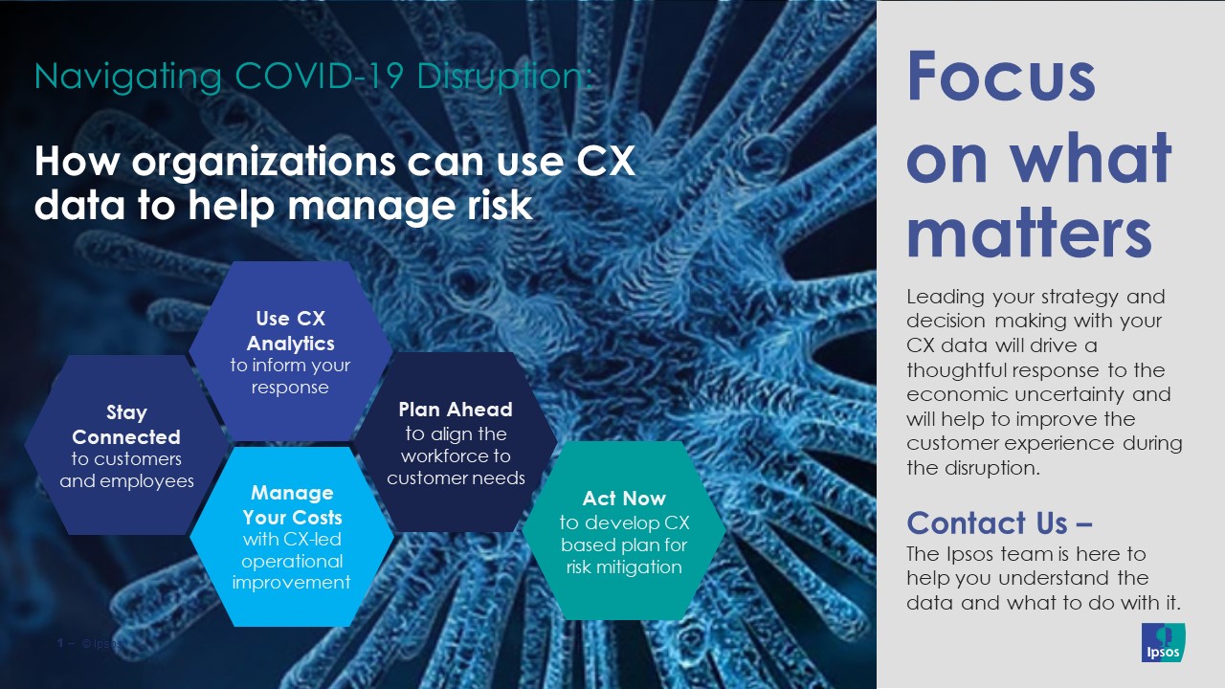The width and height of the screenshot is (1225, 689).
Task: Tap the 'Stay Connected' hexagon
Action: pyautogui.click(x=126, y=446)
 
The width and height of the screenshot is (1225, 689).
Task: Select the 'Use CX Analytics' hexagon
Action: pyautogui.click(x=290, y=352)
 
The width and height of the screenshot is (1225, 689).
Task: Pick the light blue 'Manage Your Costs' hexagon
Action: pyautogui.click(x=292, y=537)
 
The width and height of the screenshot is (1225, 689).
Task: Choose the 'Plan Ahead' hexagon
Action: pyautogui.click(x=456, y=443)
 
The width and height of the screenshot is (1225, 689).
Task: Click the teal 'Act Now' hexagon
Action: pyautogui.click(x=623, y=532)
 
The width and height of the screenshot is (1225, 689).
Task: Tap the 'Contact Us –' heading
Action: pyautogui.click(x=1000, y=522)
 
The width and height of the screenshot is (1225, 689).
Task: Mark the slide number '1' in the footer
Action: pyautogui.click(x=60, y=644)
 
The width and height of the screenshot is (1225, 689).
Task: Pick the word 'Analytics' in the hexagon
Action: pyautogui.click(x=290, y=343)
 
